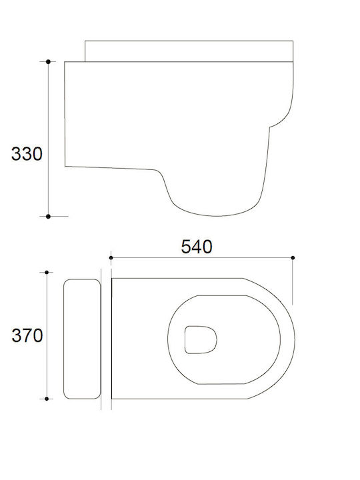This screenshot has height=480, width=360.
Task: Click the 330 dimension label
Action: click(27, 154)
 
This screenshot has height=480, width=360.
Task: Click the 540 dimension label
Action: click(197, 247)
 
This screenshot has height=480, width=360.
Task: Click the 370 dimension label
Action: click(27, 335)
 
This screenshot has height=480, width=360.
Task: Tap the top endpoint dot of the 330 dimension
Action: click(48, 61)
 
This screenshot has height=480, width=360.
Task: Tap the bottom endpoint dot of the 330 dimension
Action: click(48, 217)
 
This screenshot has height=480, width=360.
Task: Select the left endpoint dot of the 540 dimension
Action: click(111, 258)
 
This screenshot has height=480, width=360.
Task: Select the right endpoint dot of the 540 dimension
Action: click(293, 258)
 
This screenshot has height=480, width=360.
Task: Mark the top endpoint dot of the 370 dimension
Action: click(47, 272)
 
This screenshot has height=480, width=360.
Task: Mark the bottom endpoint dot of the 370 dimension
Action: click(47, 399)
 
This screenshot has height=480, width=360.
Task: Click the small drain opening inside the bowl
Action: click(201, 340)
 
